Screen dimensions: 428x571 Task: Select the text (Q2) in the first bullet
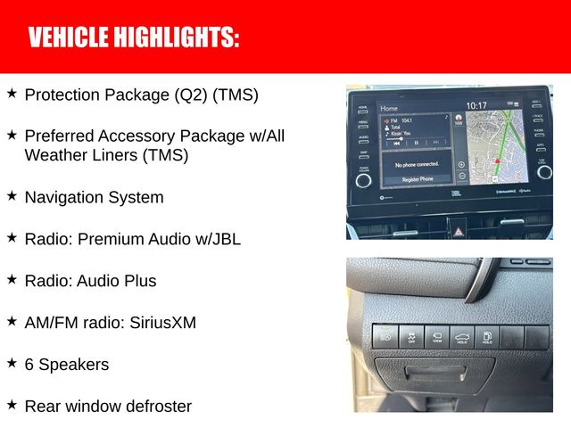[x=188, y=95]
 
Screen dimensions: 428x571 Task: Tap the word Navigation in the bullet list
[x=64, y=197]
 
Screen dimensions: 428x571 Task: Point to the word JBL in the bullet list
[x=224, y=239]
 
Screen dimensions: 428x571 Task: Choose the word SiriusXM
[x=161, y=322]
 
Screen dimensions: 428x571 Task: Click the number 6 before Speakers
[x=29, y=364]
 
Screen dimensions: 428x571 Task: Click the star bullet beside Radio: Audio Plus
[x=12, y=279]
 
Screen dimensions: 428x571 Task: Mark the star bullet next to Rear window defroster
[x=12, y=404]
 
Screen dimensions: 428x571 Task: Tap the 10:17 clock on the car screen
[x=476, y=105]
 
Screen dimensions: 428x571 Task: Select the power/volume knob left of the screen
[x=363, y=179]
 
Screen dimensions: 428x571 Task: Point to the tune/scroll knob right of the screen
[x=544, y=171]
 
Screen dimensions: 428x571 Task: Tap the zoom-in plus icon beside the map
[x=461, y=164]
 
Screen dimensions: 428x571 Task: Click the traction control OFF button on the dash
[x=411, y=336]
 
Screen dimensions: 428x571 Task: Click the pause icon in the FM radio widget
[x=416, y=143]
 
